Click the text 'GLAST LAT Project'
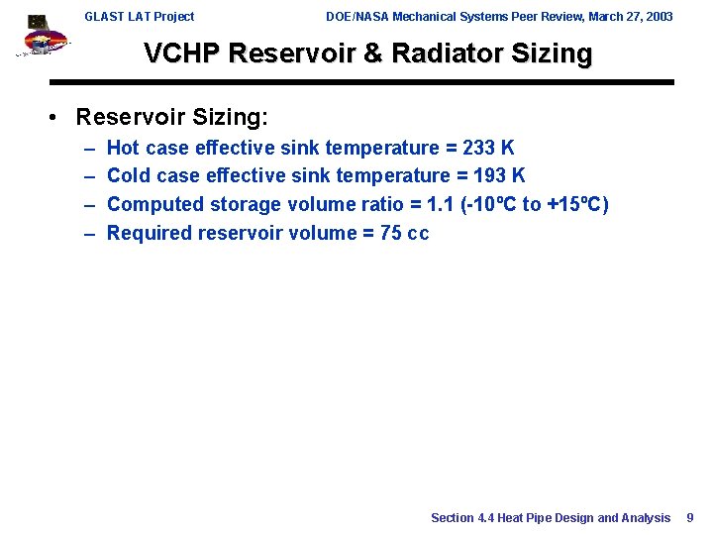point(139,17)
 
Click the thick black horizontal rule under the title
point(361,82)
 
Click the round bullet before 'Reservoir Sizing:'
point(58,118)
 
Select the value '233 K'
point(488,149)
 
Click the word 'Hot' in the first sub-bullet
point(124,149)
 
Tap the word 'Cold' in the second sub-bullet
point(128,176)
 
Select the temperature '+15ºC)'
point(577,205)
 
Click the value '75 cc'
point(404,234)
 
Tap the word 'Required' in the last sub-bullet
point(150,234)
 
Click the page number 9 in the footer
point(690,518)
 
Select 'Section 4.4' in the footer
point(461,518)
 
